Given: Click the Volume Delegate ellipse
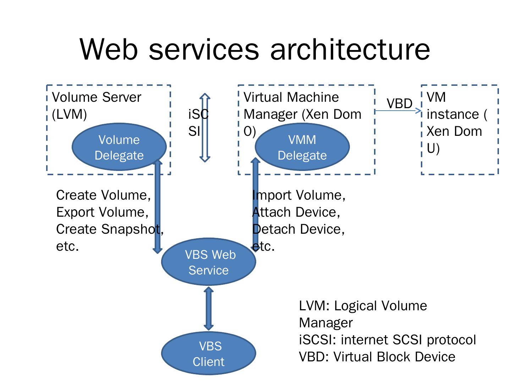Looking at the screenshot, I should pyautogui.click(x=119, y=147).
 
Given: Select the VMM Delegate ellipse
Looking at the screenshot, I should pyautogui.click(x=302, y=147).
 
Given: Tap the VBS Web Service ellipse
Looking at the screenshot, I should pyautogui.click(x=209, y=262).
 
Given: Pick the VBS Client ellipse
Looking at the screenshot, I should pyautogui.click(x=209, y=354).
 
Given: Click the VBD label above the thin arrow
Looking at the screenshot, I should pyautogui.click(x=399, y=104).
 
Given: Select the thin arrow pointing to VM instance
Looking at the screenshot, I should pyautogui.click(x=397, y=111).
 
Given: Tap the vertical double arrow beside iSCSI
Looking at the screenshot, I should pyautogui.click(x=205, y=128).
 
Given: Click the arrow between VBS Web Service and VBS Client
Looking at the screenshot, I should pyautogui.click(x=209, y=309).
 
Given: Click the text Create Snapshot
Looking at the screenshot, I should pyautogui.click(x=108, y=229).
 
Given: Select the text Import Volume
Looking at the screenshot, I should pyautogui.click(x=299, y=195).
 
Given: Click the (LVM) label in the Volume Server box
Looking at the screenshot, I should pyautogui.click(x=69, y=114).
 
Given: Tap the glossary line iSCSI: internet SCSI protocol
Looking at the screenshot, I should pyautogui.click(x=387, y=340).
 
